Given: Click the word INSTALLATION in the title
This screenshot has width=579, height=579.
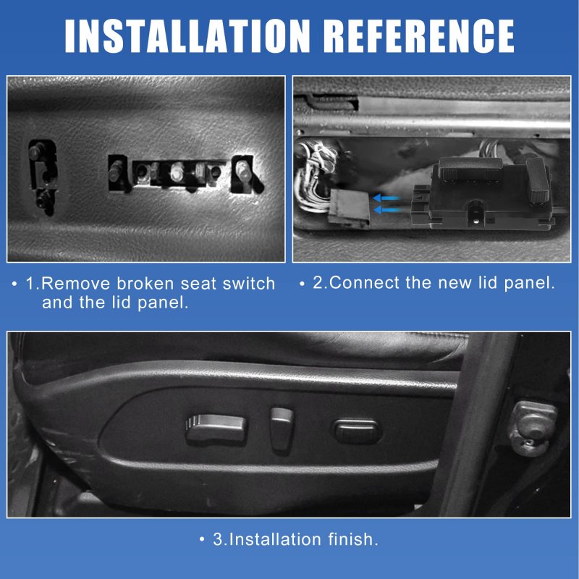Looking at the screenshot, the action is tap(187, 35).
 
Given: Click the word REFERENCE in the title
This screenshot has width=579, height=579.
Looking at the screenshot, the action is tap(420, 35).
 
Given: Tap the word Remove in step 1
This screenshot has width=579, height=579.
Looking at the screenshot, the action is tap(76, 284).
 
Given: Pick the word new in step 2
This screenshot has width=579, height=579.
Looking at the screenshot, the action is tap(455, 284).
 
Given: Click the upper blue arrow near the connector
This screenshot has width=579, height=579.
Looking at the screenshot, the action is tap(386, 198).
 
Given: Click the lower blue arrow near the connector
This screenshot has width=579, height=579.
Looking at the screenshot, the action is tap(387, 211).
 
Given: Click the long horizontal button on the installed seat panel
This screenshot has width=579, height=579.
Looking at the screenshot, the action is tap(215, 428).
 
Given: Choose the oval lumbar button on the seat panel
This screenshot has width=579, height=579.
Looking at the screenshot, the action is tap(357, 431).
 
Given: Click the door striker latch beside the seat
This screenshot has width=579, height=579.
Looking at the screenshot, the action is tap(533, 428).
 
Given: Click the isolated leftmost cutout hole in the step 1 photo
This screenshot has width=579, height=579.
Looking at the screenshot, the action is tap(43, 177).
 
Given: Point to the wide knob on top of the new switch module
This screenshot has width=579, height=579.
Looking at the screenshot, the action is tap(470, 168).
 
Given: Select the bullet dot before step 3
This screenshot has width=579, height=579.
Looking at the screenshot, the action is tap(202, 539).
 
